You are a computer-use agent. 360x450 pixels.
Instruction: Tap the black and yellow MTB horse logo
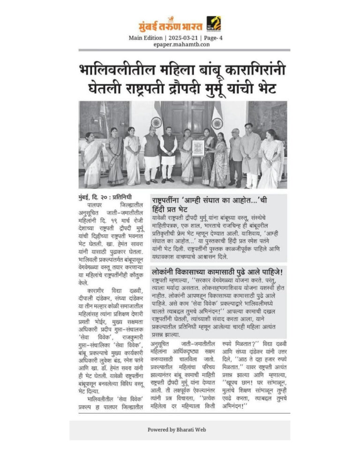(x=214, y=23)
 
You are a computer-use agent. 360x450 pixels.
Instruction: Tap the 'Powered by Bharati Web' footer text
(x=180, y=429)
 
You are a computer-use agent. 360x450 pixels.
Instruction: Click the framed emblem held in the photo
(x=198, y=148)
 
